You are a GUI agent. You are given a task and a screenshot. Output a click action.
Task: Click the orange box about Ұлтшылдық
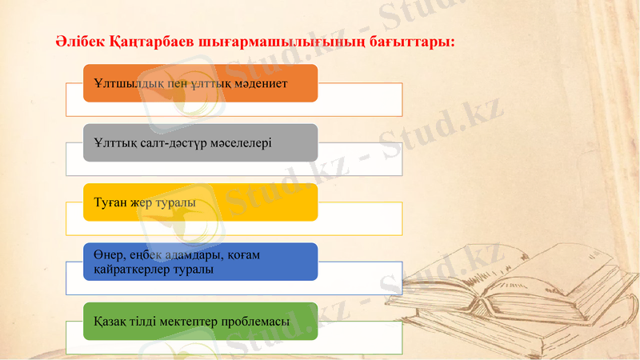pyautogui.click(x=200, y=83)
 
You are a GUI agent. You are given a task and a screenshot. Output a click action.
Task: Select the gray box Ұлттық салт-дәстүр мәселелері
pyautogui.click(x=200, y=142)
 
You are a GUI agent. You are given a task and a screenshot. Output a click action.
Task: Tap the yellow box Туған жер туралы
pyautogui.click(x=200, y=202)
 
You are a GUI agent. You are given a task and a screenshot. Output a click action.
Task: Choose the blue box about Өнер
pyautogui.click(x=200, y=262)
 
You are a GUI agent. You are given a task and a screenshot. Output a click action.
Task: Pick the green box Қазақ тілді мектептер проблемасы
pyautogui.click(x=200, y=321)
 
